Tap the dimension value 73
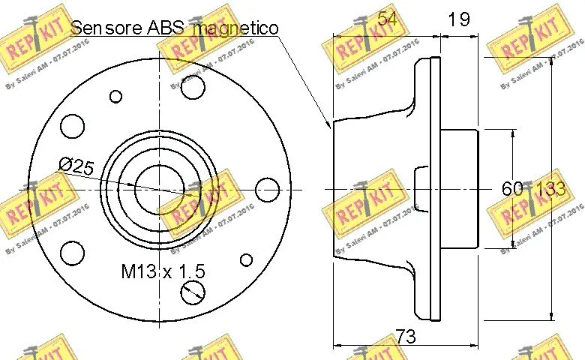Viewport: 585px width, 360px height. pos(405,337)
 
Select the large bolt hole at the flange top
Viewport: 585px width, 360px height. pos(193,87)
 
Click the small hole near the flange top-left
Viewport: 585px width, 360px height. pos(115,96)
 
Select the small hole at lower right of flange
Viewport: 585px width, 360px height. pos(244,260)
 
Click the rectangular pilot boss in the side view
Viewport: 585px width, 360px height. pos(458,188)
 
